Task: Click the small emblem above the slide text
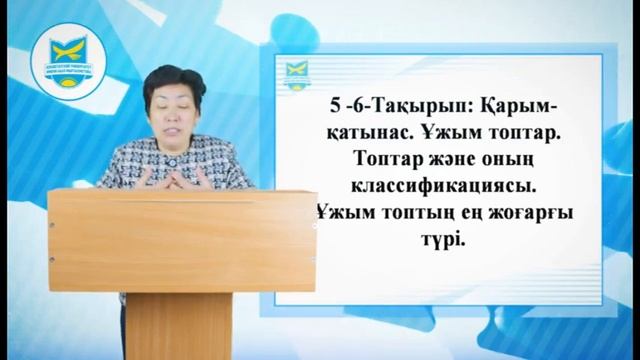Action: pyautogui.click(x=297, y=74)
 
